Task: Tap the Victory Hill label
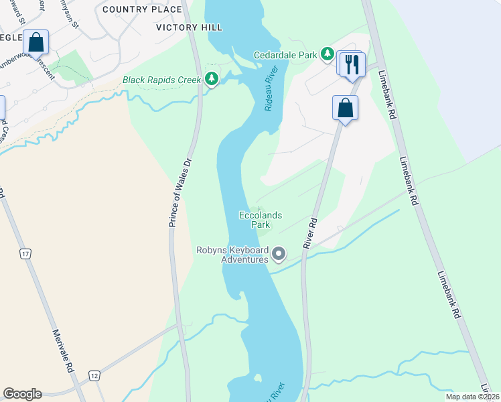[189, 27]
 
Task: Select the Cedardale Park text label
[285, 55]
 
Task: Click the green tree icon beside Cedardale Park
[327, 54]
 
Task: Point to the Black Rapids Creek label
[161, 80]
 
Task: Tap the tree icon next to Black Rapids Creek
[212, 80]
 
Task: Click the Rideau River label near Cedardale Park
[271, 93]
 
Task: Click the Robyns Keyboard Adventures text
[232, 255]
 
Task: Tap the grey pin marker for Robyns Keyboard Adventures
[279, 255]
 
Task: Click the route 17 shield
[25, 254]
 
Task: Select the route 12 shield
[94, 376]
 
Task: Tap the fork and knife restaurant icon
[351, 64]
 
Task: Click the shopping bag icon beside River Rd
[345, 109]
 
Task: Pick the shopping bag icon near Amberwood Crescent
[36, 42]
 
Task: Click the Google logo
[22, 394]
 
